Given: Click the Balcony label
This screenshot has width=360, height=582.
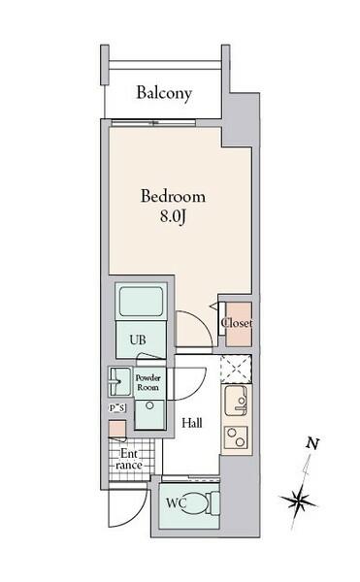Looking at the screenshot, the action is pyautogui.click(x=164, y=93).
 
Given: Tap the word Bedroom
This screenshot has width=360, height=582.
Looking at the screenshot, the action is pyautogui.click(x=173, y=196).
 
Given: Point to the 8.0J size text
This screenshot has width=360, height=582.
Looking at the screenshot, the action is pyautogui.click(x=173, y=216).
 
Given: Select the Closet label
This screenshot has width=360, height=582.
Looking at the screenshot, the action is pyautogui.click(x=237, y=323).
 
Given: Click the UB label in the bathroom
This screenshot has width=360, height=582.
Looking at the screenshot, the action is pyautogui.click(x=138, y=339).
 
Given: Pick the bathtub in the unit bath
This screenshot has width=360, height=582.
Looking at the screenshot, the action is pyautogui.click(x=141, y=302).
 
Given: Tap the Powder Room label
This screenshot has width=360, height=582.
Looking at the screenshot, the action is pyautogui.click(x=147, y=382).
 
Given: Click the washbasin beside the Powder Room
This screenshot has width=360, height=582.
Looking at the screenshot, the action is pyautogui.click(x=119, y=381).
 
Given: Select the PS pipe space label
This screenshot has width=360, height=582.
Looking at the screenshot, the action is pyautogui.click(x=116, y=408).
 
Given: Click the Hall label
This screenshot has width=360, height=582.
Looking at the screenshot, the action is pyautogui.click(x=192, y=423).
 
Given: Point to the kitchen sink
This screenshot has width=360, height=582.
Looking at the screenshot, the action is pyautogui.click(x=237, y=401).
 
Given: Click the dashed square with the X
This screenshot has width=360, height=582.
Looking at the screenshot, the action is pyautogui.click(x=237, y=370).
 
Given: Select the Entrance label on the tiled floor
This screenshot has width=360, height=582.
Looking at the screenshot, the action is pyautogui.click(x=129, y=459).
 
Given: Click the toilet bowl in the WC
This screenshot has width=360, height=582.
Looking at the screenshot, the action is pyautogui.click(x=197, y=503).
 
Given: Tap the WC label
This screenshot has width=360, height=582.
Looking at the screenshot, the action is pyautogui.click(x=176, y=503).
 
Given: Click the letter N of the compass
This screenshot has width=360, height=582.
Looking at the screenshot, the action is pyautogui.click(x=312, y=443).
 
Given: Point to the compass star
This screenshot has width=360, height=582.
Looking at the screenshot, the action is pyautogui.click(x=299, y=501).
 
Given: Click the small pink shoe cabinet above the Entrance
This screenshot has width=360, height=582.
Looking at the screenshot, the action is pyautogui.click(x=117, y=429).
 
